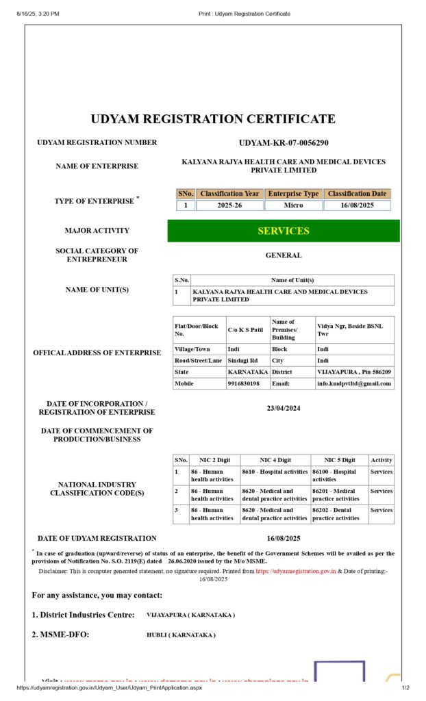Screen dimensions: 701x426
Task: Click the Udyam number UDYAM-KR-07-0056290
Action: coord(284,143)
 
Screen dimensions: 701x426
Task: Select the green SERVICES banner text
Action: coord(284,231)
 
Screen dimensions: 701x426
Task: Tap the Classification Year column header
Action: coord(229,194)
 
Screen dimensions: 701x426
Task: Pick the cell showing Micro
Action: coord(293,205)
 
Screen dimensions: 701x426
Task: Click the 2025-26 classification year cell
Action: coord(229,205)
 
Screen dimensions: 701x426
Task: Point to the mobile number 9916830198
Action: coord(244,384)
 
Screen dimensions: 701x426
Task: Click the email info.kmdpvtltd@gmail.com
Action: coord(354,384)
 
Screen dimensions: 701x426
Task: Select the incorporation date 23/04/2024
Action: coord(284,408)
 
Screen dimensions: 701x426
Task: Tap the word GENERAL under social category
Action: coord(284,255)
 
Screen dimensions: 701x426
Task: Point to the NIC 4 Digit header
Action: coord(275,460)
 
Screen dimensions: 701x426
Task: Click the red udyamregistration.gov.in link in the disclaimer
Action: coord(296,570)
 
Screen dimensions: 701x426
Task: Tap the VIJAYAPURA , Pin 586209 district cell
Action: coord(354,372)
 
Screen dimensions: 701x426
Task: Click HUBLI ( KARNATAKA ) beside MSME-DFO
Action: coord(181,635)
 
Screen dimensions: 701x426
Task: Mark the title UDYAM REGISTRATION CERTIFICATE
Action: coord(213,119)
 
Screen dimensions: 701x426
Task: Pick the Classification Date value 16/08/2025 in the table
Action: coord(357,205)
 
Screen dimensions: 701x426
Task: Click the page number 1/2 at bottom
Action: coord(405,688)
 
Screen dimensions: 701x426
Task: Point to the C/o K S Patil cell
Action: coord(245,330)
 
